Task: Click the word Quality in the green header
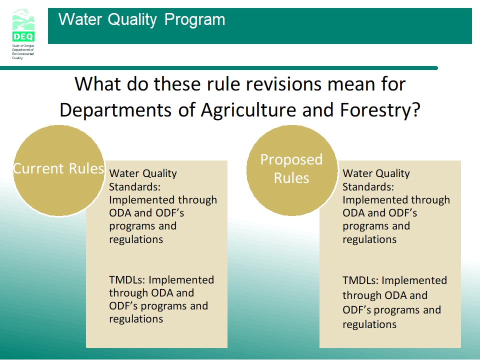tap(132, 19)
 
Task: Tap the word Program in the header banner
tap(194, 19)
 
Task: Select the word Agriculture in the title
tap(248, 110)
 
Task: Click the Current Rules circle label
tap(59, 168)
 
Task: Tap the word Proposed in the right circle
tap(291, 160)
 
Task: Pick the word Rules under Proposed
tap(291, 178)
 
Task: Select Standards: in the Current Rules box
tap(134, 186)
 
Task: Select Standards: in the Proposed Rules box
tap(368, 186)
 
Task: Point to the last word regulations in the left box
tap(136, 319)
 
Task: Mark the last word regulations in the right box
tap(369, 324)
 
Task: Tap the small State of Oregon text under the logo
tap(23, 46)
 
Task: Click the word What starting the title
tap(97, 84)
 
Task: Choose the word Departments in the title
tap(115, 110)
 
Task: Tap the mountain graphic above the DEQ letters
tap(23, 20)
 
